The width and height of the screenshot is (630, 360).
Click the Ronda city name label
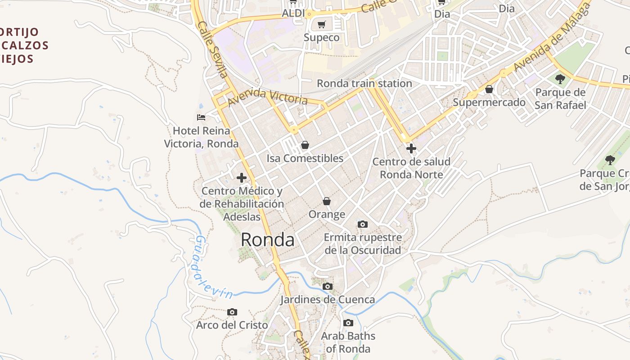267,240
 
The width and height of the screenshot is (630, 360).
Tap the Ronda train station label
364,83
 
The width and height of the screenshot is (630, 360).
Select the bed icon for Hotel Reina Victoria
201,117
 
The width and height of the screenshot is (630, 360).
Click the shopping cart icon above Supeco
321,25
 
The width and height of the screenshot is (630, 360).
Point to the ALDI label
293,13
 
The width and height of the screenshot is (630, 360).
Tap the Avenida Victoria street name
267,97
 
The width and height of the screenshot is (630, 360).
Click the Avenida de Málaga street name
551,40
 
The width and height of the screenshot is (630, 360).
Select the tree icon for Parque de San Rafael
560,80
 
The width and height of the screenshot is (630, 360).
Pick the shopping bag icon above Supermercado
489,90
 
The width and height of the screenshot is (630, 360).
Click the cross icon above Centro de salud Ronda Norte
411,148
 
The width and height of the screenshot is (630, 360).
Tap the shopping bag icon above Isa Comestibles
305,145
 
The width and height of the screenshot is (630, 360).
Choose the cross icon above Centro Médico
242,178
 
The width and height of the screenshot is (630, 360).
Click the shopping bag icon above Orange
327,201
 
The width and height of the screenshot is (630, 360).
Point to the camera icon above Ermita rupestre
362,224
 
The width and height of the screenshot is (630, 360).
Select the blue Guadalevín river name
211,268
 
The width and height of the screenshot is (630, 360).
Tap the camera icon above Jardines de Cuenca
328,286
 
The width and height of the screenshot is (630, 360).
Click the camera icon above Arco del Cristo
232,312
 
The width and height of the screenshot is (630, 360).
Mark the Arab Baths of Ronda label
348,342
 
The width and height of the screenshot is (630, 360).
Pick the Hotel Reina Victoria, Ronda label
201,137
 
